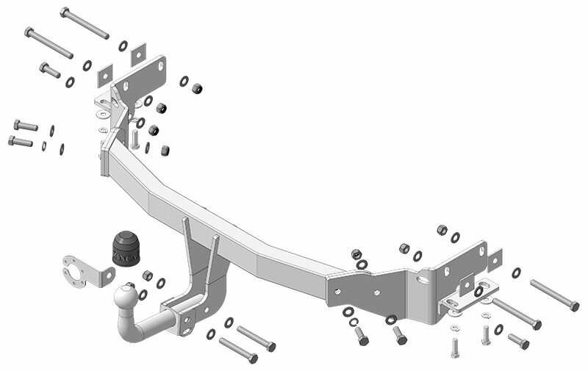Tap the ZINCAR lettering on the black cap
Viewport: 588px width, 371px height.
pos(126,255)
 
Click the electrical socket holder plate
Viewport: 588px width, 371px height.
pos(85,270)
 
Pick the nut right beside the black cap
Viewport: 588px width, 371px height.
pos(147,275)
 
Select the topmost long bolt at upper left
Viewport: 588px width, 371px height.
pos(85,23)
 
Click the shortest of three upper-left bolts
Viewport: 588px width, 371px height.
pos(50,70)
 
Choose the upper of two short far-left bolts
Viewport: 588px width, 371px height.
pos(25,126)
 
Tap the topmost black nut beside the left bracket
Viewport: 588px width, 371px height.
pos(197,88)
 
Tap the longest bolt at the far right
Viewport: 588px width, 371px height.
pos(554,295)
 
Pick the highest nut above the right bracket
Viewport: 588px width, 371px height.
pos(442,230)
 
